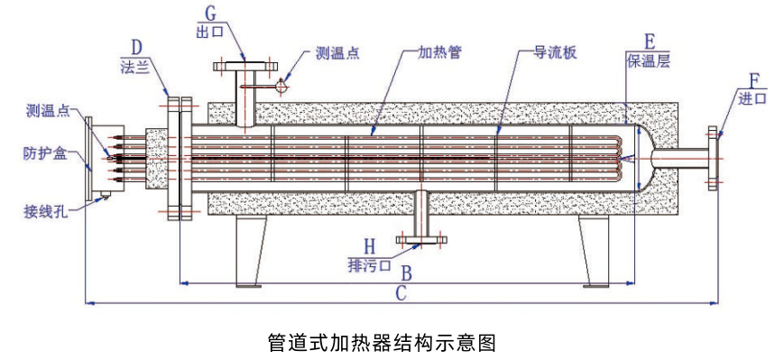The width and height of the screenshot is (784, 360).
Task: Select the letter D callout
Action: [137, 49]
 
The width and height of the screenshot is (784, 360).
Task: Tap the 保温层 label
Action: [648, 61]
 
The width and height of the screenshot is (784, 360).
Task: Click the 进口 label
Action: [753, 98]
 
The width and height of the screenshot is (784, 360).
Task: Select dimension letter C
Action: [401, 293]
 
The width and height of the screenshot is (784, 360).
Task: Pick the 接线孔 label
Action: [44, 210]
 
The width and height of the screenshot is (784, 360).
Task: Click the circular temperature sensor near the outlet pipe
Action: [282, 87]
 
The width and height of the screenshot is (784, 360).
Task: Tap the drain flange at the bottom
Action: [420, 240]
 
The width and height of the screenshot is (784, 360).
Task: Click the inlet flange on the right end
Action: [714, 158]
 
